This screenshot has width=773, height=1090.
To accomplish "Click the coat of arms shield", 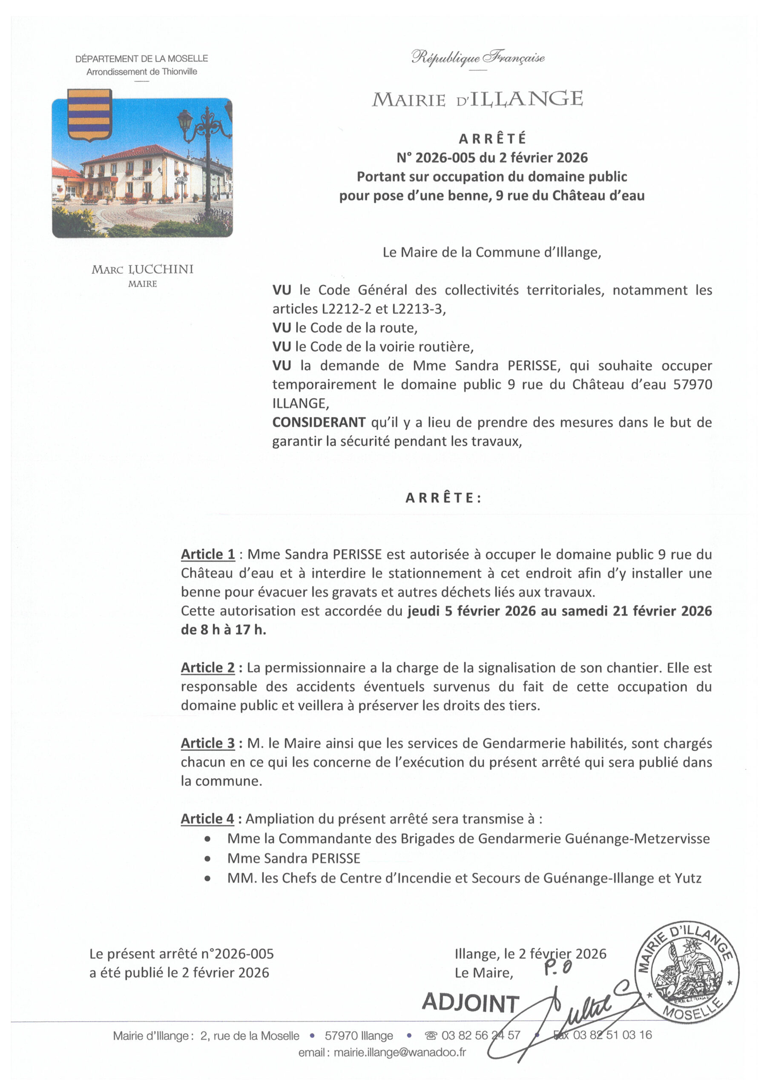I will (x=89, y=115).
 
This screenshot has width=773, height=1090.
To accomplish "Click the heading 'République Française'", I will (x=478, y=58).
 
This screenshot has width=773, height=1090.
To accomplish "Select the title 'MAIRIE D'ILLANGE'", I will (x=477, y=99).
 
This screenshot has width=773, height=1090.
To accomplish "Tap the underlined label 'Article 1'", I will (x=207, y=554).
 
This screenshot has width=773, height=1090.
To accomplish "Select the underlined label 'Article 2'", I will (x=207, y=668).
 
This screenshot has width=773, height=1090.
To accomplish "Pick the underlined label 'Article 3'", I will (x=207, y=743).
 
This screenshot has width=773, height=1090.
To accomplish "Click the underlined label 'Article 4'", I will (x=207, y=819).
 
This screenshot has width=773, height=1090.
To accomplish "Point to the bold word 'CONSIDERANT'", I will (x=319, y=422).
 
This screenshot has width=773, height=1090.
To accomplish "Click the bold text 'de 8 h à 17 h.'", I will (x=223, y=630).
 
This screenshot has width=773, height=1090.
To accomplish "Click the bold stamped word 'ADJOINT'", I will (x=470, y=1003).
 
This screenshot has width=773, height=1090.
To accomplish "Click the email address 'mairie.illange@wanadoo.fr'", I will (x=400, y=1053).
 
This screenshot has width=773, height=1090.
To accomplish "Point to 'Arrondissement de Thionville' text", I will (x=142, y=72).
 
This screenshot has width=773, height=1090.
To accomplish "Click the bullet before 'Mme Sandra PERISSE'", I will (x=207, y=858).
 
